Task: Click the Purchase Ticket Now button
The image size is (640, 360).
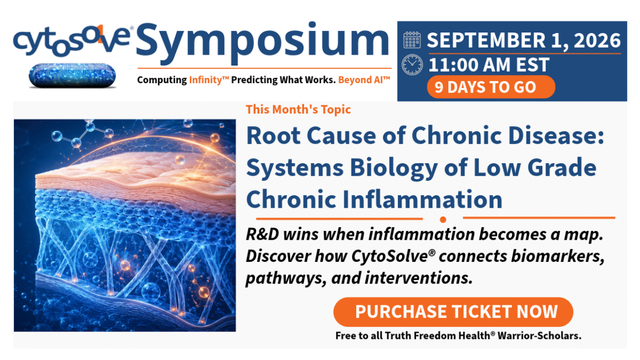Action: tap(453, 312)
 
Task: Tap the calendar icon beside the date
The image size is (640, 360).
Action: tap(412, 40)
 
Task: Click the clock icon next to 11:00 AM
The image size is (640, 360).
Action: tap(412, 65)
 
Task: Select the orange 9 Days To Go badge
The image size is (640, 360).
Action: tap(491, 87)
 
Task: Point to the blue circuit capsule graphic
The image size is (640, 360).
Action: tap(72, 76)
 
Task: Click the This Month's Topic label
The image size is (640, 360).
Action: tap(298, 109)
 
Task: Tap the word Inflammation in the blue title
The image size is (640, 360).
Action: tap(422, 200)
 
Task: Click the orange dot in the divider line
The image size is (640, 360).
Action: tap(443, 220)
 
